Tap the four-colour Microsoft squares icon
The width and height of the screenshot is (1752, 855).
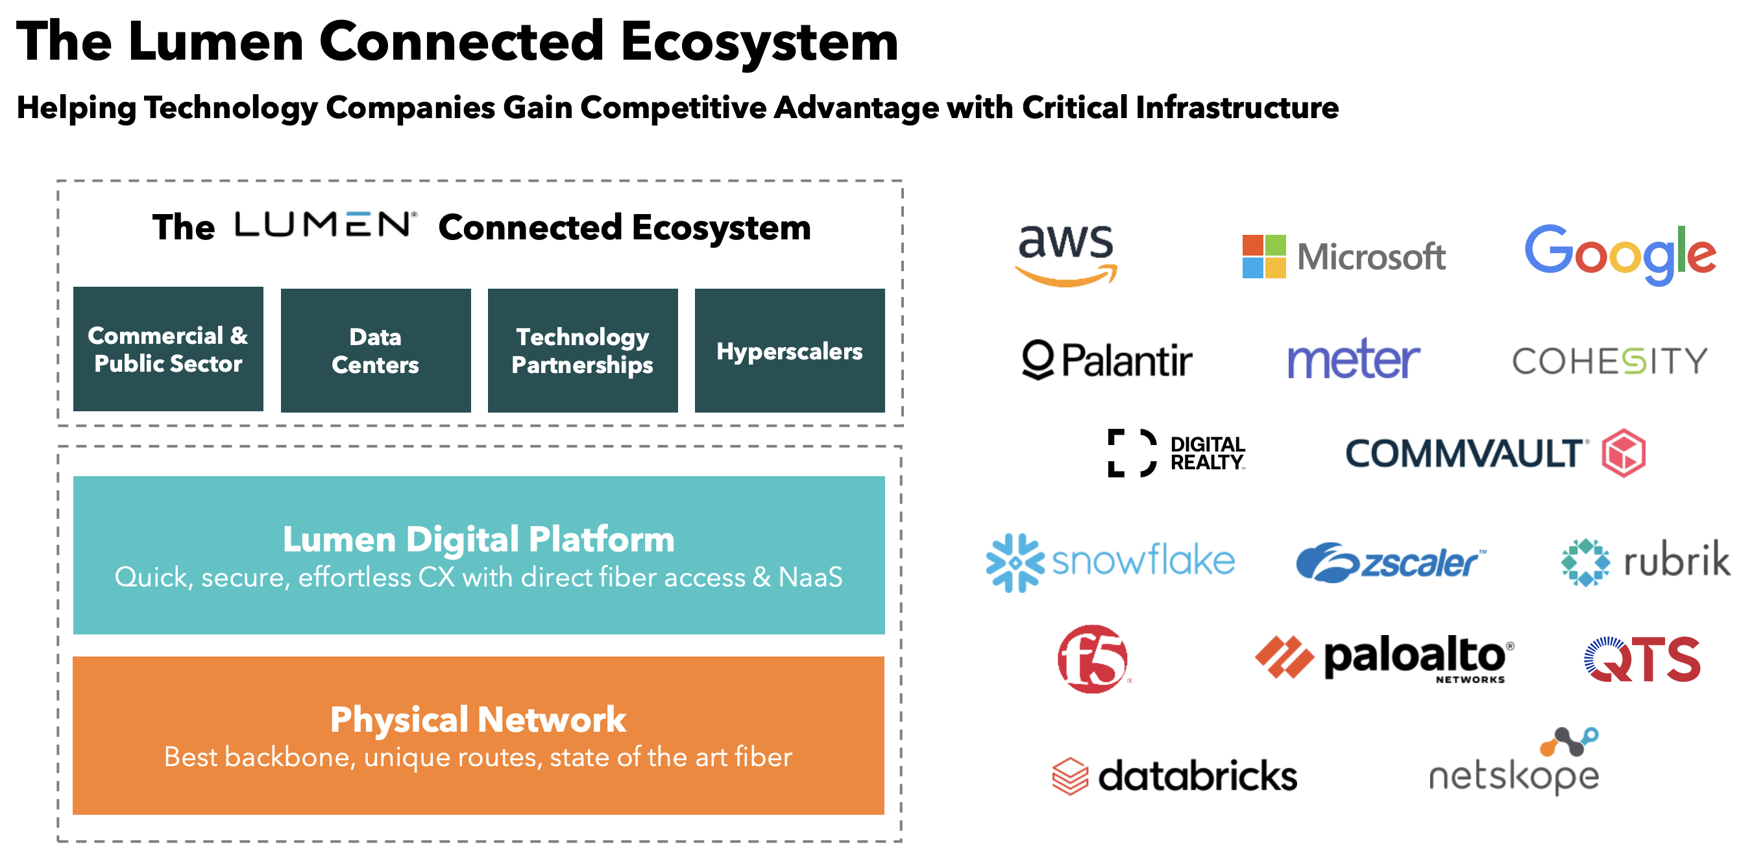pos(1263,256)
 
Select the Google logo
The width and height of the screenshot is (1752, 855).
pos(1620,254)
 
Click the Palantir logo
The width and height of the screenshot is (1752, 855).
pos(1106,360)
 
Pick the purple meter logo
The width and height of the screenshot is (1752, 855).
pos(1354,359)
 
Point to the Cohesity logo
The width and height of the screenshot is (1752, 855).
pos(1609,361)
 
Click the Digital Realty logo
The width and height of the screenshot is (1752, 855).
pos(1176,453)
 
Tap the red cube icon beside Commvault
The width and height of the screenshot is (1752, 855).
pos(1624,453)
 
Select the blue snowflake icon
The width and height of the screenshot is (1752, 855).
pos(1015,562)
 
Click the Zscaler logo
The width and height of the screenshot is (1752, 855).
pos(1390,562)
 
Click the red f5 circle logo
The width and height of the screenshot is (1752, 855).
pos(1092,659)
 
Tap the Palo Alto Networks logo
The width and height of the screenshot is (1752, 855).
pos(1384,658)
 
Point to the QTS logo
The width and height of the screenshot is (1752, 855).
pos(1642,659)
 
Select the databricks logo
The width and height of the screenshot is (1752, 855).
pos(1174,776)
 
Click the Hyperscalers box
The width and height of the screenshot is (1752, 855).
pos(790,350)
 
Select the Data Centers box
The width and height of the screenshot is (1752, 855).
pos(376,350)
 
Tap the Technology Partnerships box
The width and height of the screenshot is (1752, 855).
pos(582,350)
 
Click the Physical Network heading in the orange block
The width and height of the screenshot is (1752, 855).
pos(478,719)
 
